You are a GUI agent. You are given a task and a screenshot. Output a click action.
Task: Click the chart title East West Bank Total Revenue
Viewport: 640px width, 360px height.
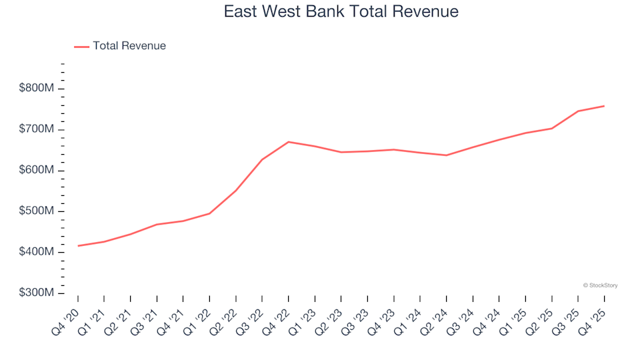(x=341, y=12)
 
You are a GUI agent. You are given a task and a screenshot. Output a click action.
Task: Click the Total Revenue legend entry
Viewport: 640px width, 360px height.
(x=129, y=46)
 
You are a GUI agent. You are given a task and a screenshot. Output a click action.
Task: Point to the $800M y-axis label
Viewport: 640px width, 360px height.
(x=37, y=89)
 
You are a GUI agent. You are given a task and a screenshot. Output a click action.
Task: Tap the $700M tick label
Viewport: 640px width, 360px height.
(x=37, y=129)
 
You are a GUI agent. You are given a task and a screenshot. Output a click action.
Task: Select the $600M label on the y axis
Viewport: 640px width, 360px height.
(x=37, y=171)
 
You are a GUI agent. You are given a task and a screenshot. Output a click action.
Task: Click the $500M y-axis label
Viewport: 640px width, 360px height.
(x=37, y=211)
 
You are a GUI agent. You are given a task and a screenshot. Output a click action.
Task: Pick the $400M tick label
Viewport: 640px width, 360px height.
(x=37, y=253)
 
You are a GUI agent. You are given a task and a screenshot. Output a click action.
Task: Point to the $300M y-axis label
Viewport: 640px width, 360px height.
(x=37, y=293)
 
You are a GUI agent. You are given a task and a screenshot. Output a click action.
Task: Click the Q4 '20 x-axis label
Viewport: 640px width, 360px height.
(x=67, y=317)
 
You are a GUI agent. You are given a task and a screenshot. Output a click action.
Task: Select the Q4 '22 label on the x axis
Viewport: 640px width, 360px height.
(x=277, y=317)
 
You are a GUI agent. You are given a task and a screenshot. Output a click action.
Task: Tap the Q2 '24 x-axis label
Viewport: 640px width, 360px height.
(x=435, y=317)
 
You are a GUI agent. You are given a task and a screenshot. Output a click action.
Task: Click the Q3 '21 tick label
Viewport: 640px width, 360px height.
(x=145, y=317)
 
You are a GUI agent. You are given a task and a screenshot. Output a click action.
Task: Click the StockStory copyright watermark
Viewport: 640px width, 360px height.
(x=600, y=285)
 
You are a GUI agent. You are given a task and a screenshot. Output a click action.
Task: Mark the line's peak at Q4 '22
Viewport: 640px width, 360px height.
(x=288, y=142)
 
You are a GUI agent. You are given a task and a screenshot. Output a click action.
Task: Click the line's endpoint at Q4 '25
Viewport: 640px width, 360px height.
(x=604, y=106)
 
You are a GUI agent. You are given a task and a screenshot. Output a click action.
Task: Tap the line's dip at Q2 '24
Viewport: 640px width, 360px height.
(x=446, y=155)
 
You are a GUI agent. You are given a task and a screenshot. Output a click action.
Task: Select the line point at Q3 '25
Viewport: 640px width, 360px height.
(x=578, y=111)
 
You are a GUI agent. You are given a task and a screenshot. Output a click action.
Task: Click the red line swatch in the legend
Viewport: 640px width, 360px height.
(x=81, y=47)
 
